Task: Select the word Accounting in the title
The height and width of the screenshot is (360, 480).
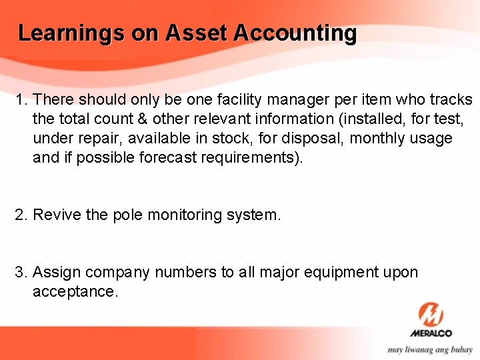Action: point(295,33)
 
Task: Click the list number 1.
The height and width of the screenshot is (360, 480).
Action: point(21,100)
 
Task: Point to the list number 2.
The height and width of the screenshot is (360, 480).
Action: point(21,215)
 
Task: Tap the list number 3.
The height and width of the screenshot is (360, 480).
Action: point(21,272)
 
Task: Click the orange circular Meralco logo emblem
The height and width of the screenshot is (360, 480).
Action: point(431,314)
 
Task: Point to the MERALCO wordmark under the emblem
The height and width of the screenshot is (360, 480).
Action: point(431,333)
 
